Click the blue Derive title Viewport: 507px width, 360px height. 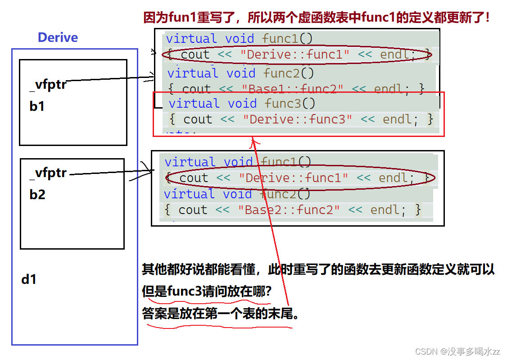coord(58,37)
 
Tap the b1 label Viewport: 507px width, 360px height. coord(37,107)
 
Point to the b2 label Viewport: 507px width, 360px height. coord(37,195)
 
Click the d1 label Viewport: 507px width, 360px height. coord(29,279)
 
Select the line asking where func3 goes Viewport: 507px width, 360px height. coord(207,292)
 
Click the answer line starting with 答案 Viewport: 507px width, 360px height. coord(221,313)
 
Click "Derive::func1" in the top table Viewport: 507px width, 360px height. coord(295,55)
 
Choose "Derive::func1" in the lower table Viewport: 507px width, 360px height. coord(293,178)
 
